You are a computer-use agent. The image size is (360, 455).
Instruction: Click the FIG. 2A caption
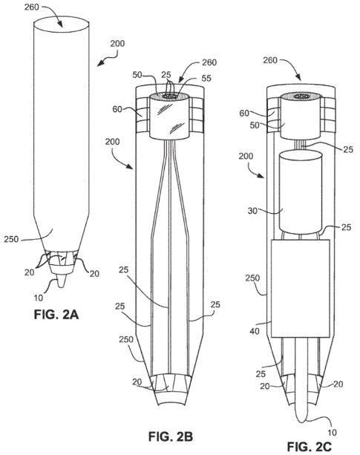[x=56, y=315]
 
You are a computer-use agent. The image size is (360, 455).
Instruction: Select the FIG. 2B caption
[x=171, y=436]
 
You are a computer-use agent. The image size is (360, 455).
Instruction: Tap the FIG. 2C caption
[x=310, y=447]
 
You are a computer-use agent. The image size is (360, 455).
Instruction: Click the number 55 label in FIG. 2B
[x=206, y=79]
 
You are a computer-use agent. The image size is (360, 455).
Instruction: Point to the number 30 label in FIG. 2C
[x=252, y=211]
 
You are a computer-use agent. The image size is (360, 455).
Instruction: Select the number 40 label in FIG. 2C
[x=255, y=331]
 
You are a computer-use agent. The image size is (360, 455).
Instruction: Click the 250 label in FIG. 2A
[x=11, y=240]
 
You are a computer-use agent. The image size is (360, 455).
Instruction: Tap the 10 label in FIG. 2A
[x=39, y=298]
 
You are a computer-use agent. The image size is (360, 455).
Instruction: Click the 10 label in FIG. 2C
[x=332, y=433]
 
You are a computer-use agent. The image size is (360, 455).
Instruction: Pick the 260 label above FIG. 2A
[x=32, y=7]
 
